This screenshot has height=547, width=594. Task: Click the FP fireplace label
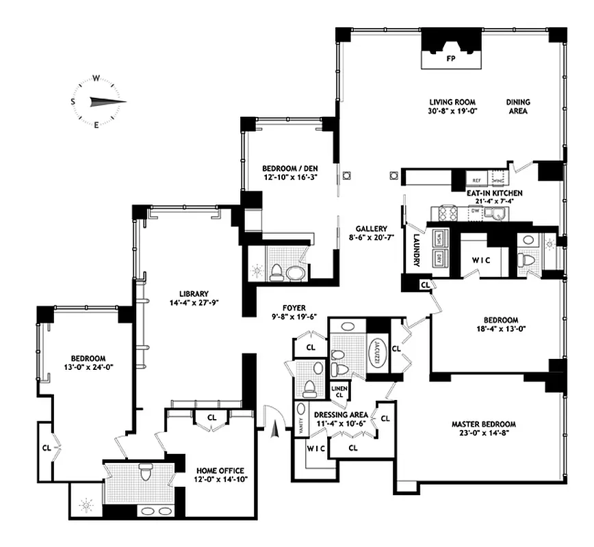pos(450,59)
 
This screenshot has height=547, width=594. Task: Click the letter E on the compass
pos(96,124)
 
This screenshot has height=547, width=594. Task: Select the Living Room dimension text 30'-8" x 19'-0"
pos(452,112)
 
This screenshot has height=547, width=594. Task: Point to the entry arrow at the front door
pos(276,429)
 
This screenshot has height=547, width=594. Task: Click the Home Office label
pos(218,470)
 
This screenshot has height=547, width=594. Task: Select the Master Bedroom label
pos(483,424)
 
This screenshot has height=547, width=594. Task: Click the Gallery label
pos(372,229)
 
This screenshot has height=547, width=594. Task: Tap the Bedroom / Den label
pos(289,169)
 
